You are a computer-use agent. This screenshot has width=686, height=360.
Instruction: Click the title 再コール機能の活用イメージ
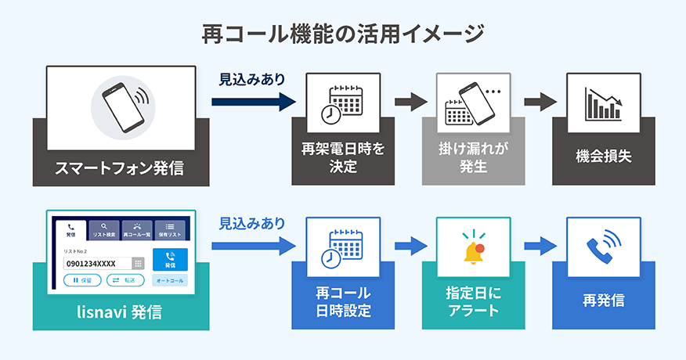(343, 34)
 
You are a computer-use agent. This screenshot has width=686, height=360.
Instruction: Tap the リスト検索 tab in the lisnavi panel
(104, 229)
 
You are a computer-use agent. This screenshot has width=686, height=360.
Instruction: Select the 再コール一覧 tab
(137, 229)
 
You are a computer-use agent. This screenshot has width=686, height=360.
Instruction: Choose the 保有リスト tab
(170, 229)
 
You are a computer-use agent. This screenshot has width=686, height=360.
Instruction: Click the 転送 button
(123, 280)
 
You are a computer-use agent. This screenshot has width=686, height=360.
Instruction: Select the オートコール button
(170, 280)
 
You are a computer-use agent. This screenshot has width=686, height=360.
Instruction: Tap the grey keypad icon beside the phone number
(138, 264)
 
